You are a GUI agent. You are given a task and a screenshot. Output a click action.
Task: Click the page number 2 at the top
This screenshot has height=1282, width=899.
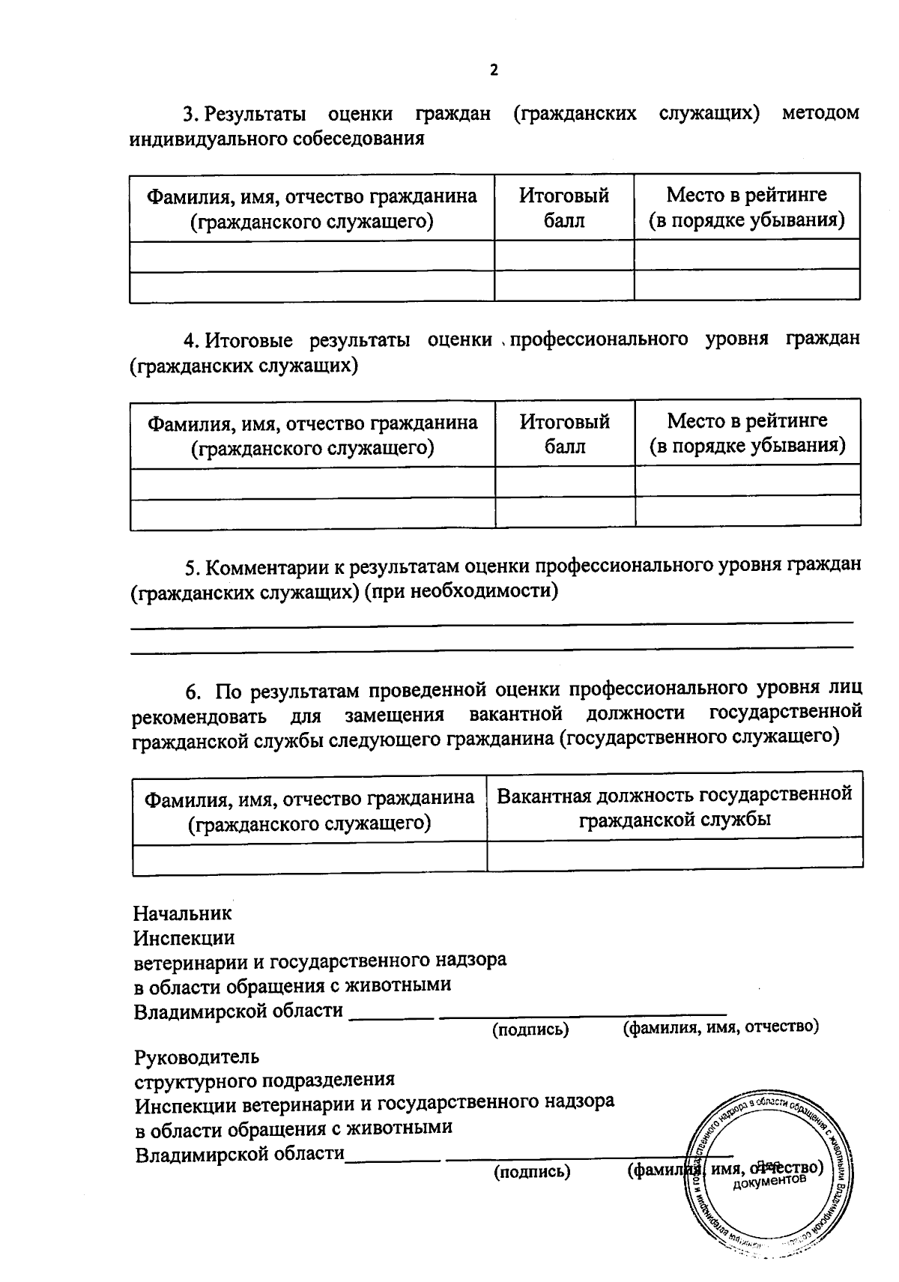pyautogui.click(x=494, y=70)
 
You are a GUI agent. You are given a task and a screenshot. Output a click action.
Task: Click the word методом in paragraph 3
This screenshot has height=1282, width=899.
pyautogui.click(x=820, y=113)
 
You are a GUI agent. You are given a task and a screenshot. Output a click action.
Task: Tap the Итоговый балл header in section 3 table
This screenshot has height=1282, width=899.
pyautogui.click(x=564, y=208)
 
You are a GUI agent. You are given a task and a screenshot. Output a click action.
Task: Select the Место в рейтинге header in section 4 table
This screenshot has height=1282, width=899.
pyautogui.click(x=748, y=433)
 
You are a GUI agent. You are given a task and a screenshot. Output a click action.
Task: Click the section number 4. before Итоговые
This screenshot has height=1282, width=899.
pyautogui.click(x=191, y=339)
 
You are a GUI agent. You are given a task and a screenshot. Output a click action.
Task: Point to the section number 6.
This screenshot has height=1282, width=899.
pyautogui.click(x=193, y=689)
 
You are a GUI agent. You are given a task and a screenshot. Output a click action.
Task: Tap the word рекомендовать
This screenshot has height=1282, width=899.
pyautogui.click(x=199, y=716)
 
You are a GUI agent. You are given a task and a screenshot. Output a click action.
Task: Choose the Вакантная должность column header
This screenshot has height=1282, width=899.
pyautogui.click(x=674, y=806)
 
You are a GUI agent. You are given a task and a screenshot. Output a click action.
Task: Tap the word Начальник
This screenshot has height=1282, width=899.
pyautogui.click(x=183, y=913)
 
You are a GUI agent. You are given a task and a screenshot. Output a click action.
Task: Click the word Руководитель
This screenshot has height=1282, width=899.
pyautogui.click(x=197, y=1057)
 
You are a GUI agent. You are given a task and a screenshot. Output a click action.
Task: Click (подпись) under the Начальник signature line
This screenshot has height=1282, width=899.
pyautogui.click(x=530, y=1029)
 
